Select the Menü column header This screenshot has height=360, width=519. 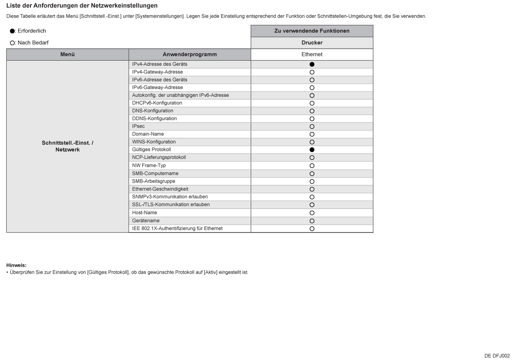[67, 54]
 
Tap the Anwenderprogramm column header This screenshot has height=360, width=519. [189, 54]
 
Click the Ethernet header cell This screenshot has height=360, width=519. [312, 54]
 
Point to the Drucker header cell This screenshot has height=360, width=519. [312, 43]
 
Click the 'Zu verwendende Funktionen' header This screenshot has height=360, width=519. [312, 31]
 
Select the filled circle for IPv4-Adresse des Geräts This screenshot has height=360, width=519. [312, 64]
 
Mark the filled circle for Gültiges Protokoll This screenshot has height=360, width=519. [312, 150]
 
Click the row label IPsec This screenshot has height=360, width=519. [138, 126]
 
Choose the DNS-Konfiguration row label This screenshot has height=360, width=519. [153, 111]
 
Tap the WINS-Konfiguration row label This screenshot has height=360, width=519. [154, 142]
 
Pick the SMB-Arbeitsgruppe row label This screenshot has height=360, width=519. [154, 181]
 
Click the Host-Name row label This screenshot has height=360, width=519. [144, 212]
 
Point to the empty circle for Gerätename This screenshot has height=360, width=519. [312, 221]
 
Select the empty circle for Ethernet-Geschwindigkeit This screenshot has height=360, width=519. [312, 189]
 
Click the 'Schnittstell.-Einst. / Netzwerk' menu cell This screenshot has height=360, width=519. [67, 146]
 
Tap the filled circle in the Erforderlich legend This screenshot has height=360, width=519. [12, 31]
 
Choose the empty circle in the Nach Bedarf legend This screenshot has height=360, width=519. [12, 43]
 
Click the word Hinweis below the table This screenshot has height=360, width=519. [16, 265]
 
